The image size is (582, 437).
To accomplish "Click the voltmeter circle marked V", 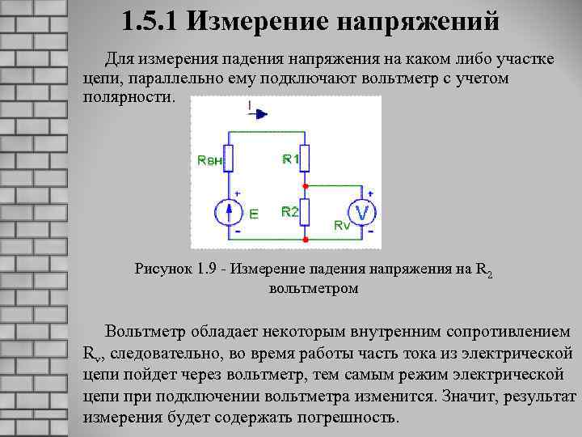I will (364, 213).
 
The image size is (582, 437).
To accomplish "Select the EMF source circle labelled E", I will (229, 213).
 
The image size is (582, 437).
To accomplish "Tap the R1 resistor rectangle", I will (305, 158).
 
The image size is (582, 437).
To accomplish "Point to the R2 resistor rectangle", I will (305, 212).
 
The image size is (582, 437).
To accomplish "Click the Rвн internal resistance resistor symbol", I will (229, 159).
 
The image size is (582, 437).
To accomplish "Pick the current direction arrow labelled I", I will (256, 112).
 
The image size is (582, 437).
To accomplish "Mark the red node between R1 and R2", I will (305, 185).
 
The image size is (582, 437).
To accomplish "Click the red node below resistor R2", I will (305, 240).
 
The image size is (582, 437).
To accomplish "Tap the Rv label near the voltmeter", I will (342, 227).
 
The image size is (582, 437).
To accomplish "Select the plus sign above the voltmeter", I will (370, 193).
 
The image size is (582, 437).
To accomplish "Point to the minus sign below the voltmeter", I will (370, 232).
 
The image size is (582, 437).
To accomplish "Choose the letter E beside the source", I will (253, 215).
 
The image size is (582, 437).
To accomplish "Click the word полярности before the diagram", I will (128, 97).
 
